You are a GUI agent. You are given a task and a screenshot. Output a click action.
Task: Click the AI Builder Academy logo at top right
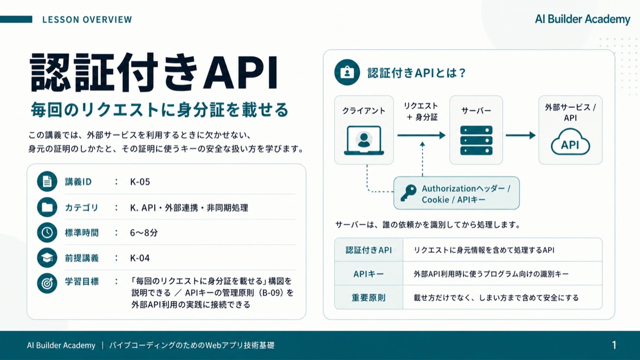(x=582, y=19)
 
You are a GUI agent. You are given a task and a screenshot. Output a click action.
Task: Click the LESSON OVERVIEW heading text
(x=87, y=19)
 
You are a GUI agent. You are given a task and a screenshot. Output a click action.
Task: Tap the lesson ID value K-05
(x=140, y=182)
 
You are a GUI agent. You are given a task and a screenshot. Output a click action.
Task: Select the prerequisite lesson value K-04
(x=140, y=258)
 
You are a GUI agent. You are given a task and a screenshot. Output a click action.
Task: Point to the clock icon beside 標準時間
(x=47, y=233)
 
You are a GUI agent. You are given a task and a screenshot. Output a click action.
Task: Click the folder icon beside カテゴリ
(x=47, y=207)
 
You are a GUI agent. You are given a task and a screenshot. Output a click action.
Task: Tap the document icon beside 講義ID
(x=47, y=181)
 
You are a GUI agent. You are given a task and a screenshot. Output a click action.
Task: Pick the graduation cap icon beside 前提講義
(x=47, y=258)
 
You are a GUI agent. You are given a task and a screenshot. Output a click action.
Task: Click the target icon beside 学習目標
(x=47, y=283)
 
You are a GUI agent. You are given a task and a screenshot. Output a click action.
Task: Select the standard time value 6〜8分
(x=143, y=233)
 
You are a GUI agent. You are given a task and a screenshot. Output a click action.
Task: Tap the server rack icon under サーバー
(x=476, y=140)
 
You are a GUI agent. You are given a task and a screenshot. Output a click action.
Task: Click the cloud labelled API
(x=570, y=142)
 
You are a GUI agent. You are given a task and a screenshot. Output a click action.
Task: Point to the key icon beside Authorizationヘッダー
(x=408, y=193)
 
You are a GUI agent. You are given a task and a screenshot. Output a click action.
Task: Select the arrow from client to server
(x=421, y=135)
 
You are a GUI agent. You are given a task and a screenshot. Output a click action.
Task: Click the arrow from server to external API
(x=521, y=135)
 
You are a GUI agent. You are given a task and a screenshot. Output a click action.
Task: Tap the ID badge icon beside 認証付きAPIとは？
(x=347, y=73)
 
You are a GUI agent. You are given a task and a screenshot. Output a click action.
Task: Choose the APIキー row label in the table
(x=369, y=274)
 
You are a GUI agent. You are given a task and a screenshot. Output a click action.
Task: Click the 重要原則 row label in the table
(x=369, y=298)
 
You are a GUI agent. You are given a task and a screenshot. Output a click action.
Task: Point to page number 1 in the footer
(x=614, y=345)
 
